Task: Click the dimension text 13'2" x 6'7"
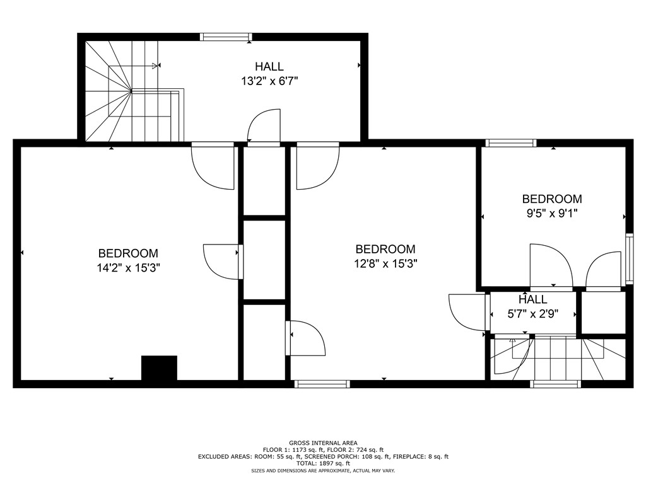[269, 81]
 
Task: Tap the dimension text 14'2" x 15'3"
[128, 268]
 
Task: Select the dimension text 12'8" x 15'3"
[385, 263]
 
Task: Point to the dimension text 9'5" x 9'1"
[552, 213]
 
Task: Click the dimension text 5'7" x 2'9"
[533, 314]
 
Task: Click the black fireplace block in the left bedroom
[159, 368]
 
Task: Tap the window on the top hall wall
[226, 37]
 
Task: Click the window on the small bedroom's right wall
[628, 258]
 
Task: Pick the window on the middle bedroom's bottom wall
[322, 384]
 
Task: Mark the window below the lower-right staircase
[556, 384]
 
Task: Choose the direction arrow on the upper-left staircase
[155, 66]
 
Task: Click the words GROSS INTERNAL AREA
[322, 443]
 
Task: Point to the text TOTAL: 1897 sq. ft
[322, 463]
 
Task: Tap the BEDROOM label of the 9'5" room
[552, 199]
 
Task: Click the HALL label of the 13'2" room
[269, 66]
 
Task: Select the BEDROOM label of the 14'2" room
[128, 253]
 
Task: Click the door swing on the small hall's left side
[468, 312]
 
